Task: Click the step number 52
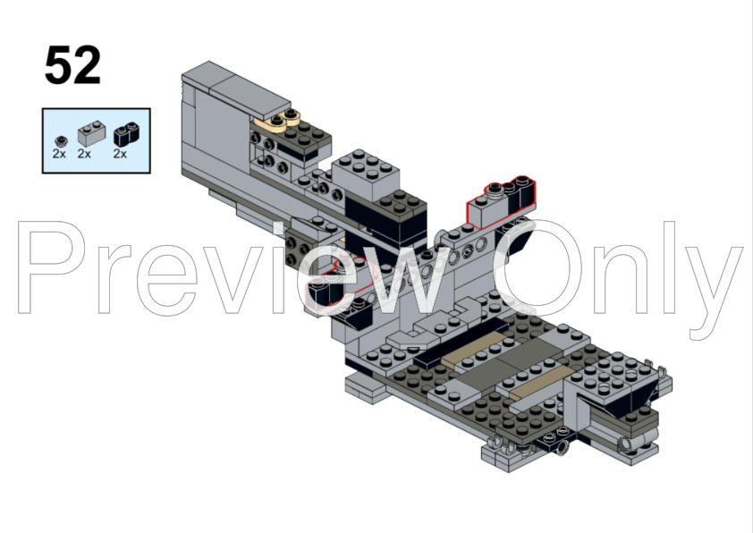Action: point(72,65)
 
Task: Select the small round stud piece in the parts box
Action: point(61,141)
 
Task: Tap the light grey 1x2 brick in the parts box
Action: point(91,133)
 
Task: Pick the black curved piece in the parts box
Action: point(128,134)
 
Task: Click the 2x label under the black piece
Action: point(120,154)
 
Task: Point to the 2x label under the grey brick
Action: point(84,154)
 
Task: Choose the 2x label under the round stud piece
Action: point(59,154)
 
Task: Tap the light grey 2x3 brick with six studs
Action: point(366,173)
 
